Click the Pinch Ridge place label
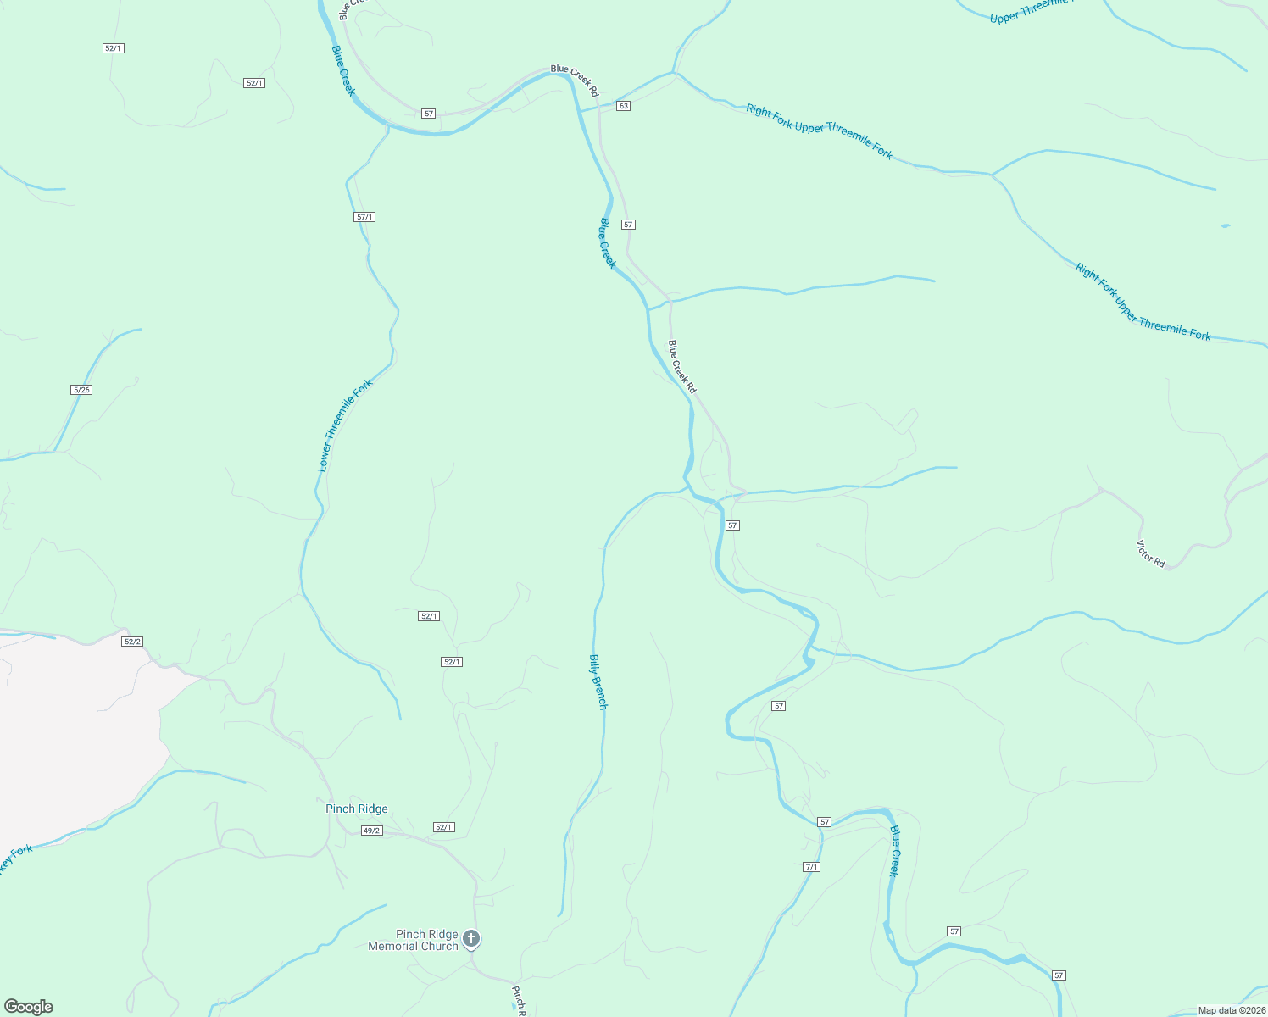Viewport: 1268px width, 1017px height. tap(357, 809)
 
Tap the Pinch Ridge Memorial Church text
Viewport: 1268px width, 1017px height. tap(413, 940)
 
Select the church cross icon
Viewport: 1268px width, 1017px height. tap(471, 939)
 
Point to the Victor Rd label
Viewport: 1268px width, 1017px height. tap(1150, 553)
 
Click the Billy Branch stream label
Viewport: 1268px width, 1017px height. tap(598, 681)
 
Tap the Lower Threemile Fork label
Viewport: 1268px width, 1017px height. tap(345, 425)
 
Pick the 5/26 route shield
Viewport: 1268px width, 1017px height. tap(81, 390)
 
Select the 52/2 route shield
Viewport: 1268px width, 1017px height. tap(131, 642)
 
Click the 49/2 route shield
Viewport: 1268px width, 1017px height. tap(372, 831)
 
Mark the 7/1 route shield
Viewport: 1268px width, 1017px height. tap(811, 867)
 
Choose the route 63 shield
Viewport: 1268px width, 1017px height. tap(624, 106)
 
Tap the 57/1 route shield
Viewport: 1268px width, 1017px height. tap(364, 217)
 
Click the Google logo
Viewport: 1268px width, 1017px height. tap(29, 1007)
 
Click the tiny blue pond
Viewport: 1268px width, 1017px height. tap(1225, 226)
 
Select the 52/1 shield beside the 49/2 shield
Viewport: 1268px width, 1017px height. tap(443, 827)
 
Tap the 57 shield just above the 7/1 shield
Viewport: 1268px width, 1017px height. tap(824, 822)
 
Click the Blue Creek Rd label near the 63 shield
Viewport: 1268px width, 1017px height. tap(575, 80)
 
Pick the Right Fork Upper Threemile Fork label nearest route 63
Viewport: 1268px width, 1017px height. tap(819, 131)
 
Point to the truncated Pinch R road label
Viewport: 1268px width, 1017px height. tap(519, 1000)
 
